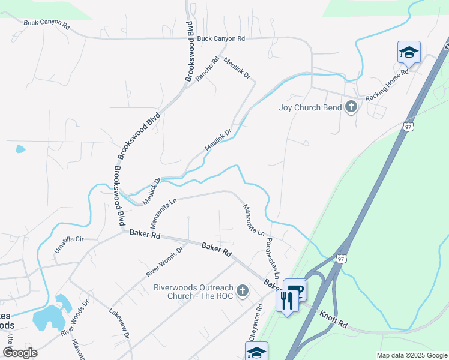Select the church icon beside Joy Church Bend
click(352, 107)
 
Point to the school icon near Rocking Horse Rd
click(409, 52)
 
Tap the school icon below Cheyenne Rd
click(256, 352)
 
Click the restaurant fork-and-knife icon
click(286, 299)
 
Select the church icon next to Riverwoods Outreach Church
click(243, 292)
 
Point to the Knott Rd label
click(333, 319)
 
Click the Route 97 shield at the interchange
click(340, 259)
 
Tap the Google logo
click(20, 352)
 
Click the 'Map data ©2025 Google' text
click(411, 355)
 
